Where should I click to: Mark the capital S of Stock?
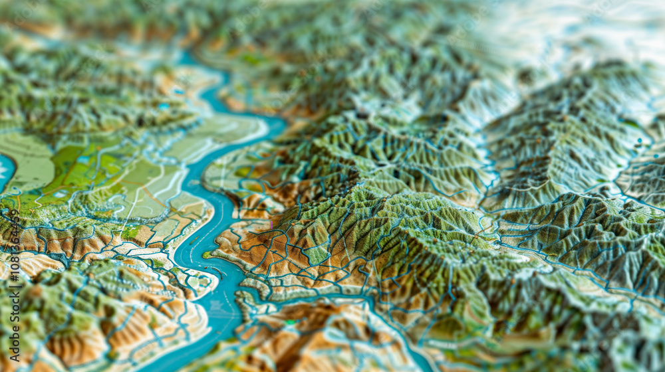(13, 310)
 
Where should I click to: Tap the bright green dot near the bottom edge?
(290, 322)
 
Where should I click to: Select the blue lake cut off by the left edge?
(5, 169)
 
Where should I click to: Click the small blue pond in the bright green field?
(82, 160)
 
